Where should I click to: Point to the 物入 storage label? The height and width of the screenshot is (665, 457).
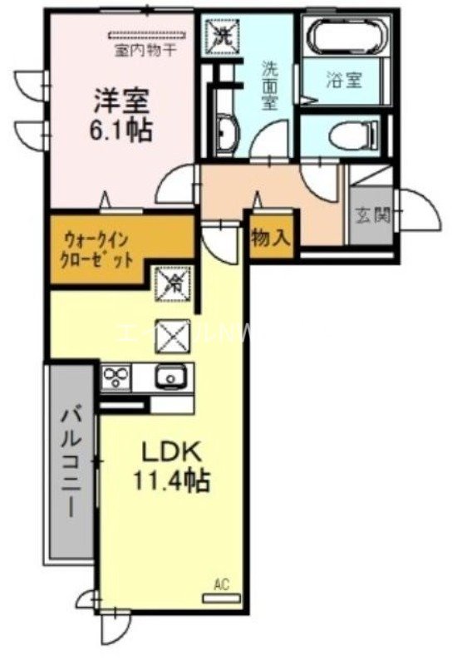[270, 238]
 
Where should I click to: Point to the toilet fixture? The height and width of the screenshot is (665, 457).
[348, 133]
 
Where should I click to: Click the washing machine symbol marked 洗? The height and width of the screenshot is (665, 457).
[224, 34]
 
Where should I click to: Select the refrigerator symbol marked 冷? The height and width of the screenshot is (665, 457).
[175, 283]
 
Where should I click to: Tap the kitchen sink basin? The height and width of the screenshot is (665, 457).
[171, 378]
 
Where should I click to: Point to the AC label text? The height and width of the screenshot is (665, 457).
[221, 585]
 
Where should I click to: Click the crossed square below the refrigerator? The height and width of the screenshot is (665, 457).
[175, 336]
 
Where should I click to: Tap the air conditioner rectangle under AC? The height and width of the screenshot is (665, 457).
[221, 598]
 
